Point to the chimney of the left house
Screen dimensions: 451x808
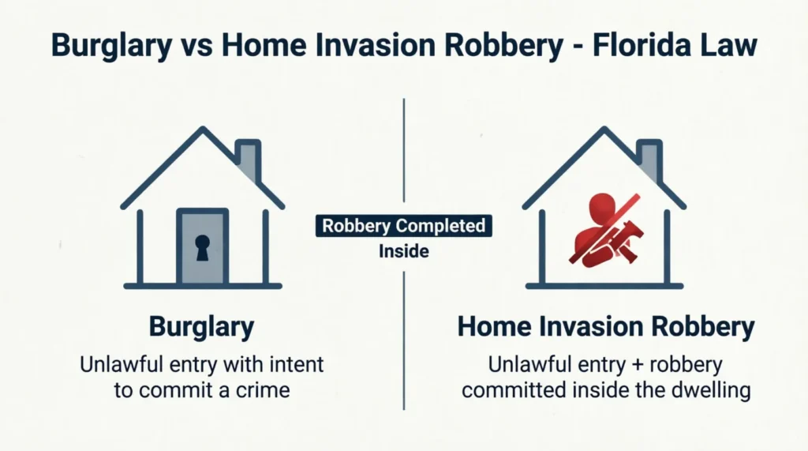pos(248,160)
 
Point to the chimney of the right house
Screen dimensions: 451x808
pos(649,160)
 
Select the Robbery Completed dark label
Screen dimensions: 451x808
pos(404,227)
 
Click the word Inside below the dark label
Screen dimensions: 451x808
pos(404,252)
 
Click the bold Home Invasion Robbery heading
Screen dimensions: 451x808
pos(605,328)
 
